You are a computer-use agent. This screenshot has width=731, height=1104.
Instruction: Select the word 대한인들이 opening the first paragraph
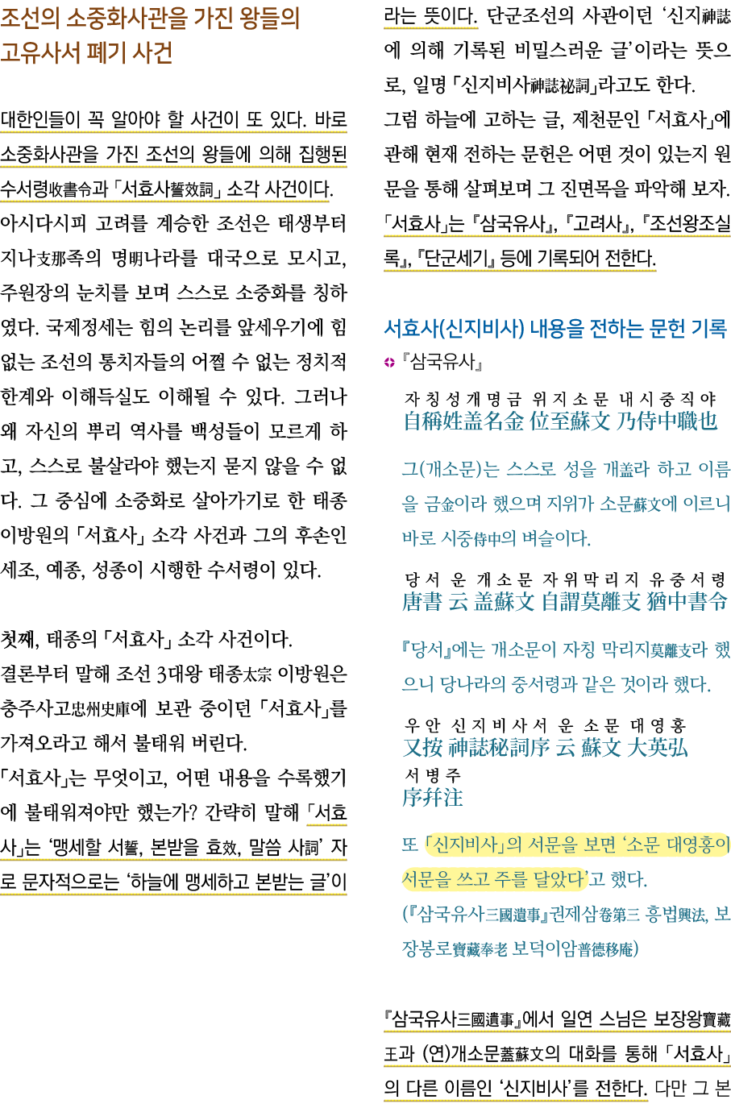point(35,121)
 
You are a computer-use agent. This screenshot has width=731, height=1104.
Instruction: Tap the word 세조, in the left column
point(19,570)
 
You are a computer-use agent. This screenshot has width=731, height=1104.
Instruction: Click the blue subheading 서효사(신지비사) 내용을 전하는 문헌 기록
point(555,328)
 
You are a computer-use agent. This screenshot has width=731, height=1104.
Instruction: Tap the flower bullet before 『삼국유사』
point(389,363)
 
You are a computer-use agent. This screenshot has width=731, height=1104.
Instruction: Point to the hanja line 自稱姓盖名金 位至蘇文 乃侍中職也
point(560,421)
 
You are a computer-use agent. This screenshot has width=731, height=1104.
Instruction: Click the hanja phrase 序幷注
point(433,797)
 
